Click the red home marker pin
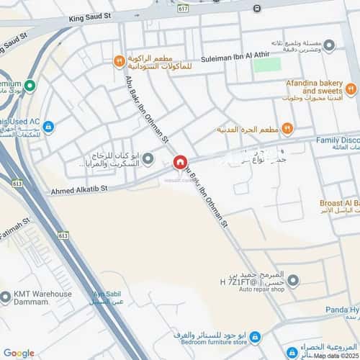coord(180,162)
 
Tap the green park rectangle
coord(266,65)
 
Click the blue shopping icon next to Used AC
coord(48,127)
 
